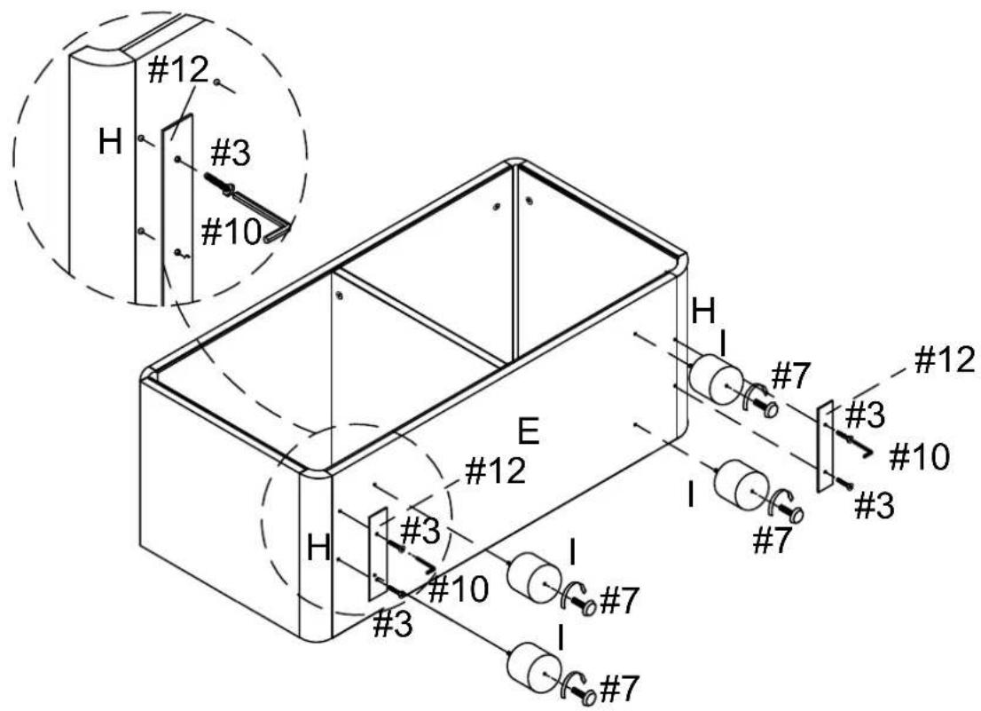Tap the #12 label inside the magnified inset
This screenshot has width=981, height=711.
click(177, 71)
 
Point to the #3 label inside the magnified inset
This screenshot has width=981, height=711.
click(231, 153)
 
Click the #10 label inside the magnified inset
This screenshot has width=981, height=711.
click(231, 233)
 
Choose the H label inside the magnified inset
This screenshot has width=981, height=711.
click(110, 143)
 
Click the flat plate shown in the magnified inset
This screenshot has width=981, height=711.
click(177, 209)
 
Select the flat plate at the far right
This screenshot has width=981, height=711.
click(825, 446)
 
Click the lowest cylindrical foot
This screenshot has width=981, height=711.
click(533, 666)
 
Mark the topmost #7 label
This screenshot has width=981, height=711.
click(791, 376)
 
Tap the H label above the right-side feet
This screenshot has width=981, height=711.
click(703, 311)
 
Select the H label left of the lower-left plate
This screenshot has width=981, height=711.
click(319, 549)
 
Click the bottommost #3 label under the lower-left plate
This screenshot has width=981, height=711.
click(392, 625)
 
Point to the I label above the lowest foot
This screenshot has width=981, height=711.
click(561, 640)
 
